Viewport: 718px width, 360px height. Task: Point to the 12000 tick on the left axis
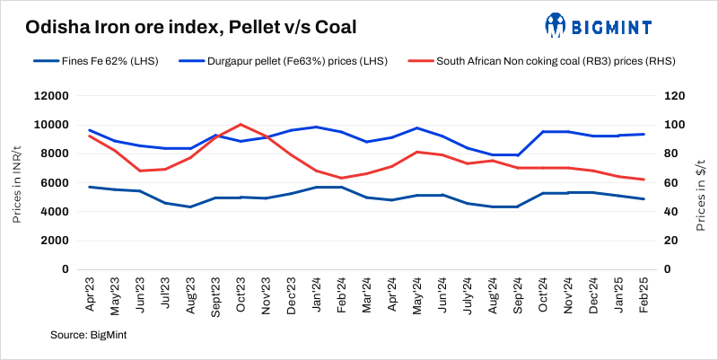(51, 96)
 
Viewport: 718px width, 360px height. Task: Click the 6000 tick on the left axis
(54, 183)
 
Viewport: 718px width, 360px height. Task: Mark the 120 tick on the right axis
(673, 96)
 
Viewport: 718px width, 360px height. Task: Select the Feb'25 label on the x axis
(644, 294)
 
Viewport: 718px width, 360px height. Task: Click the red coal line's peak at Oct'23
(240, 125)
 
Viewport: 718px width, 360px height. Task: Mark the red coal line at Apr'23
(89, 136)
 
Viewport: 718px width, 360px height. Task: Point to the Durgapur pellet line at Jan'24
(315, 127)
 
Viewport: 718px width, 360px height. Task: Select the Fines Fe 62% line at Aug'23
(189, 206)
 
